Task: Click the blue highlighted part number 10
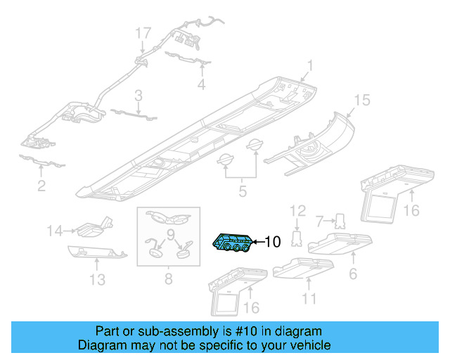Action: [233, 243]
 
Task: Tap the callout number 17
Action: [143, 32]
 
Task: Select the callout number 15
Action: [361, 101]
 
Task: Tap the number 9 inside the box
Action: [169, 234]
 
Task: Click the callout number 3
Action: [139, 95]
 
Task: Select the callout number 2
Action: [41, 186]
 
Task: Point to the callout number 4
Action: [201, 84]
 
